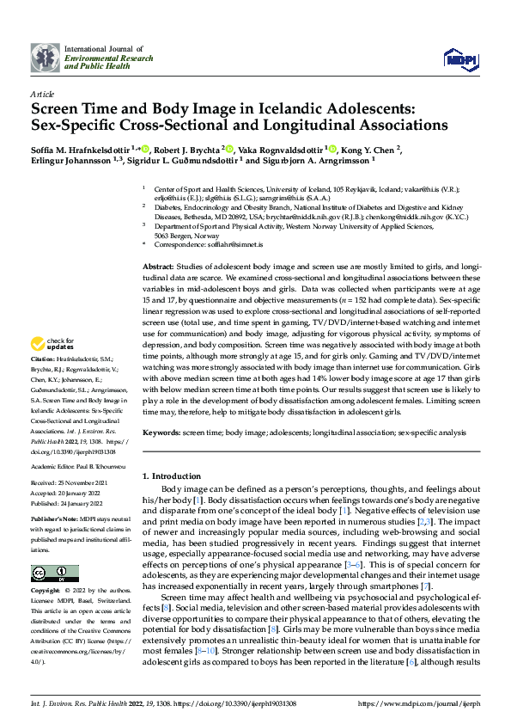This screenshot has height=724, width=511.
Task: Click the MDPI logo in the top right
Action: (459, 58)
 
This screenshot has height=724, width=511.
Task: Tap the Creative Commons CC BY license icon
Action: (55, 574)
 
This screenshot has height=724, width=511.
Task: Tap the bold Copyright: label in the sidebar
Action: (46, 592)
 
